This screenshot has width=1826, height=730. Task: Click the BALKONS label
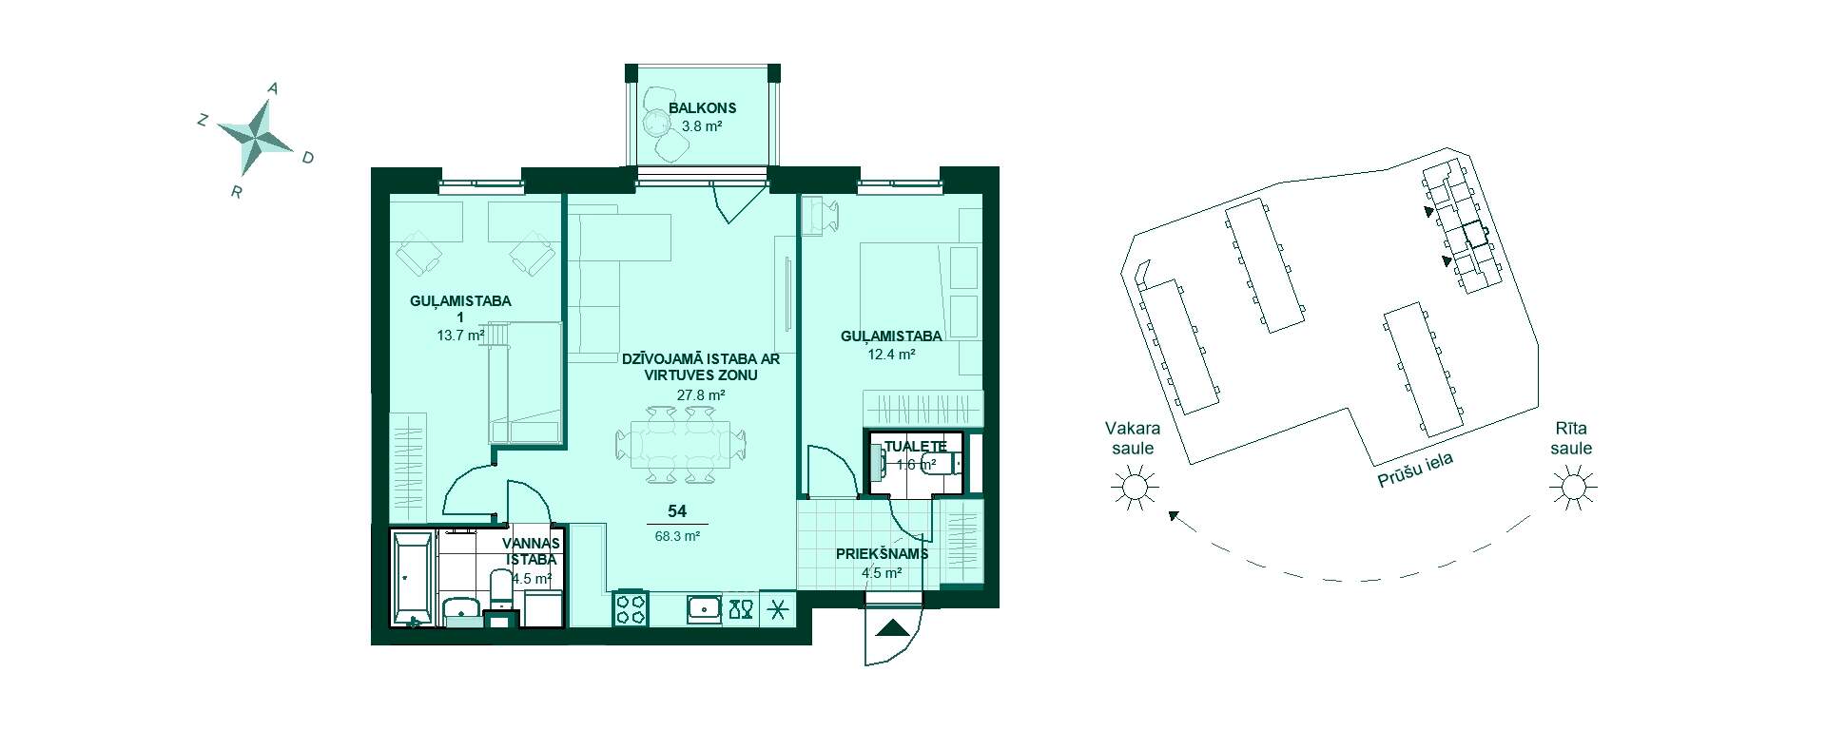702,108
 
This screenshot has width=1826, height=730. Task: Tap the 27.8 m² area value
701,394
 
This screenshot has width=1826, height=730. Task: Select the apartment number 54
677,511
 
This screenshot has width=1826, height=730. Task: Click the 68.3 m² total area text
677,536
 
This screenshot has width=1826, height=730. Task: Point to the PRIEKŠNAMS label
882,554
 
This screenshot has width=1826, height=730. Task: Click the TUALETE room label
915,447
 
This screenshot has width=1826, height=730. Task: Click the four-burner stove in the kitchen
630,608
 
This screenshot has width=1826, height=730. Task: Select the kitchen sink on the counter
705,608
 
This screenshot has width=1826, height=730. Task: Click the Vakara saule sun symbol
1133,489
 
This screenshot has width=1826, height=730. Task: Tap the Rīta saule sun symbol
1571,489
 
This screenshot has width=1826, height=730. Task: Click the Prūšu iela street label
1415,470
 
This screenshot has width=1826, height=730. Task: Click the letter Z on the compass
203,120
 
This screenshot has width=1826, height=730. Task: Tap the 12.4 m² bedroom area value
891,355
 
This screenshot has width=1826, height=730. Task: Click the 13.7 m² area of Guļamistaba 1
460,335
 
